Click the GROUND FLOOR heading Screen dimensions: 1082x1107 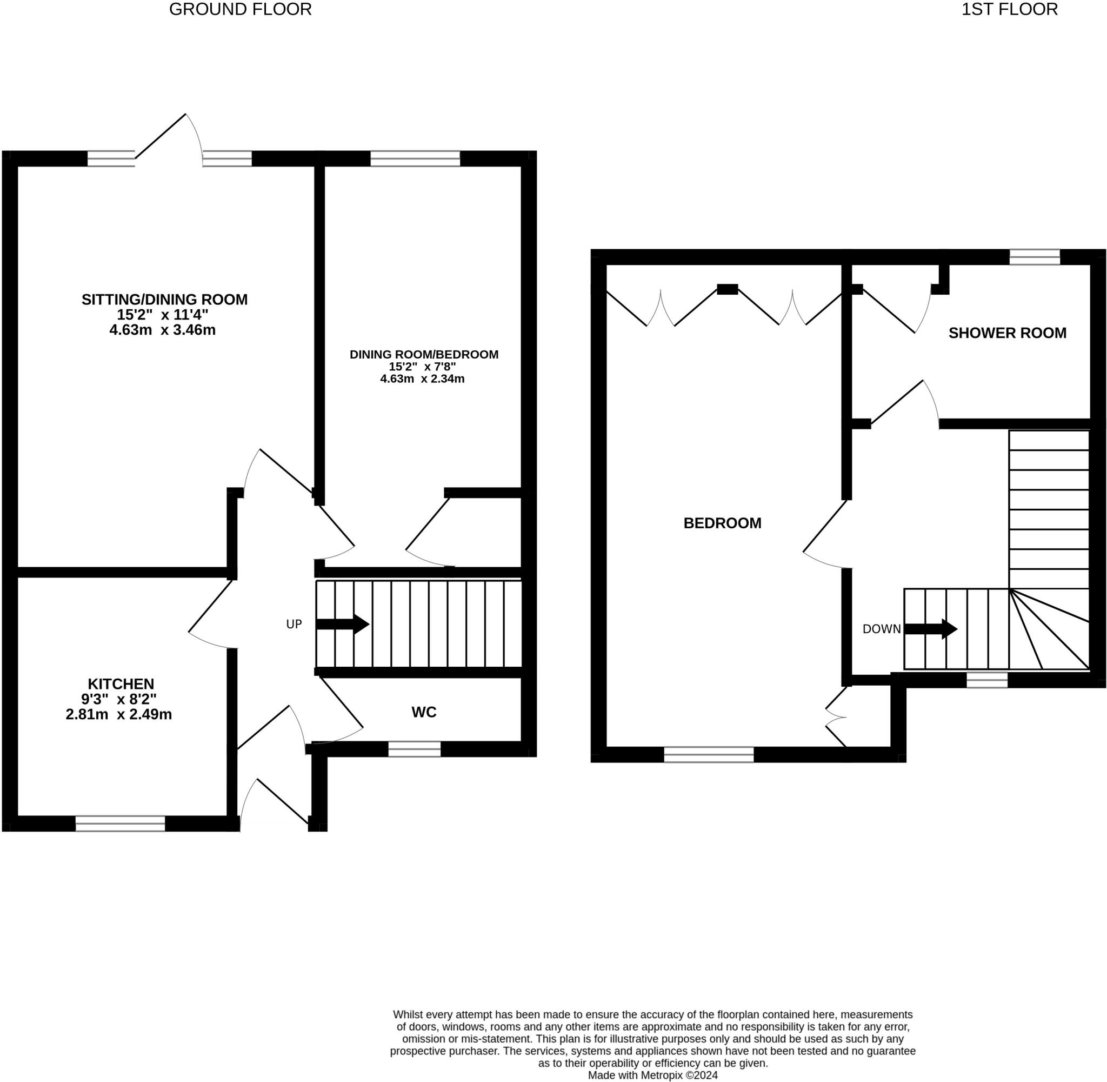[x=240, y=10]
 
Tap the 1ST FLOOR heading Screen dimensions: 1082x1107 [x=1009, y=10]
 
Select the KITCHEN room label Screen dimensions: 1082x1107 [x=121, y=683]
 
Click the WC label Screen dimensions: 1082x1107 [x=424, y=712]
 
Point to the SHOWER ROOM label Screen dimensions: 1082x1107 [x=1007, y=333]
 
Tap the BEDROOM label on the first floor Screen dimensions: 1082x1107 [x=722, y=523]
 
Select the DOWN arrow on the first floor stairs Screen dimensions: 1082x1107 [x=930, y=629]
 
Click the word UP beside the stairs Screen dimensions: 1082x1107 [x=294, y=625]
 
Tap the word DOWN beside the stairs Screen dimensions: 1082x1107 [x=881, y=629]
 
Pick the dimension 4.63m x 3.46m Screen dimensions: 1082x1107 [x=163, y=330]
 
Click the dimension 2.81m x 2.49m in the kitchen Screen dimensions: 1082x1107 [x=119, y=714]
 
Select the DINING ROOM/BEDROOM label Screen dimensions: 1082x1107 [x=424, y=355]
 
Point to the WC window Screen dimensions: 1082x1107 [x=414, y=749]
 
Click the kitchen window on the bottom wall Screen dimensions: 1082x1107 [x=120, y=824]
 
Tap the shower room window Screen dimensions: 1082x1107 [x=1034, y=257]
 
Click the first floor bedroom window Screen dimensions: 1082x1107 [x=708, y=754]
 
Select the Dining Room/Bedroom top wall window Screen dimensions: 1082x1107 [x=415, y=158]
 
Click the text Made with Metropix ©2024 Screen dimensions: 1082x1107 [x=652, y=1074]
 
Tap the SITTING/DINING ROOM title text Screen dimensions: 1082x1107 [x=165, y=300]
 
